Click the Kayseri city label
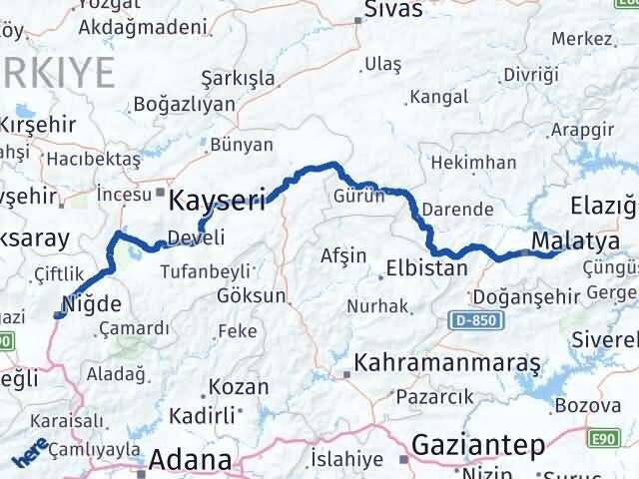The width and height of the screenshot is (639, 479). [x=219, y=201]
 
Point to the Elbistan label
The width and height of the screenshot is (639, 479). [x=427, y=267]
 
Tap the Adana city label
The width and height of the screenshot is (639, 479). [x=191, y=461]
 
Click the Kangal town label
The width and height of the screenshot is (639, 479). [x=439, y=99]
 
